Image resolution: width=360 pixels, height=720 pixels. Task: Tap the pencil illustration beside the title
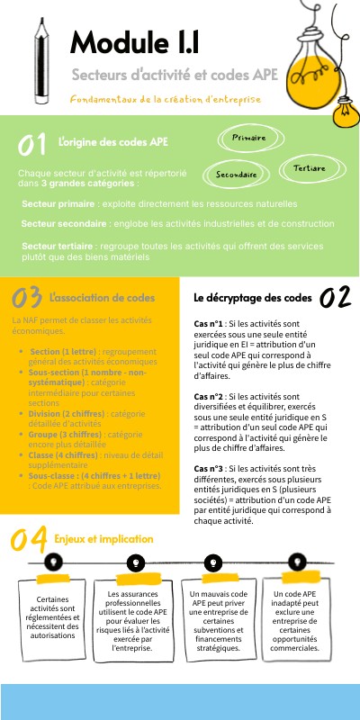click(40, 63)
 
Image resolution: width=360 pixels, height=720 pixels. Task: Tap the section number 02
click(334, 298)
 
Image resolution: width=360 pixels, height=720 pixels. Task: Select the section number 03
click(27, 298)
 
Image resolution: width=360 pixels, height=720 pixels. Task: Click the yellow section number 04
click(28, 539)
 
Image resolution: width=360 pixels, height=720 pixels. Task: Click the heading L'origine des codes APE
click(112, 142)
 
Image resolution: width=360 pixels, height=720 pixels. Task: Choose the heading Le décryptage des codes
click(253, 297)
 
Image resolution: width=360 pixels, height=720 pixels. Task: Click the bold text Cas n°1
click(209, 324)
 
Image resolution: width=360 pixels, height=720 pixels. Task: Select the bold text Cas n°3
click(209, 468)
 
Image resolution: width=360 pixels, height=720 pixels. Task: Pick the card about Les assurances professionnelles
click(137, 620)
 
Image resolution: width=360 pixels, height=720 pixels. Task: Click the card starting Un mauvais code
click(214, 620)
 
